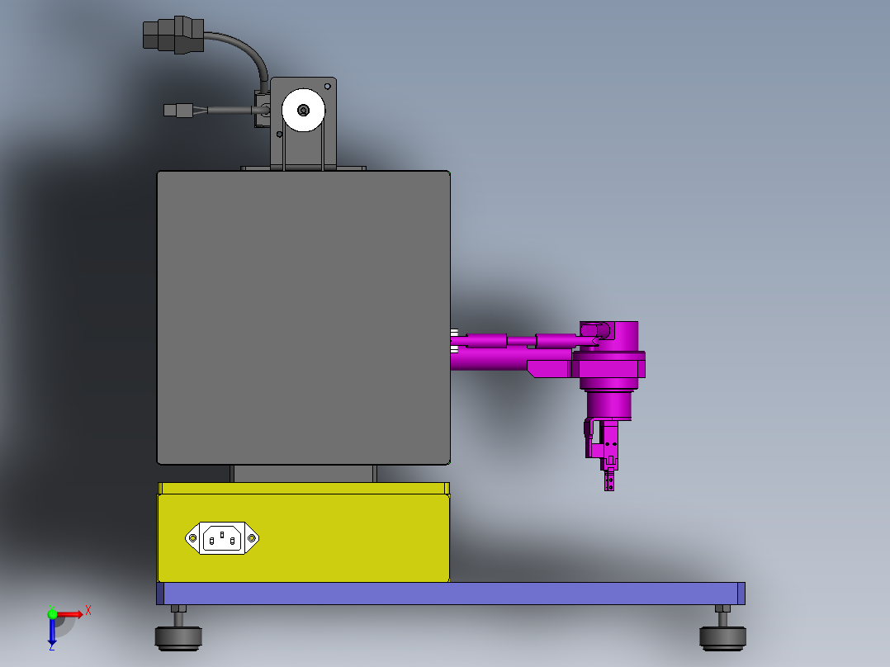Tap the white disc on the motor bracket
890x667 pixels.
pos(303,111)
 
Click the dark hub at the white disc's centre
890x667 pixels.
pos(303,110)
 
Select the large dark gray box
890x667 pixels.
pos(303,317)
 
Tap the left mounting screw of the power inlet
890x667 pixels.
pos(194,538)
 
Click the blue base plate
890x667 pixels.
pos(450,593)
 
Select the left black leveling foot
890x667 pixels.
pos(178,636)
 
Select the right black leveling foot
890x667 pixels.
pos(723,636)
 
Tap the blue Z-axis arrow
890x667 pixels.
pos(52,632)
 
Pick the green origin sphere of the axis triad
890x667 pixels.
pos(53,613)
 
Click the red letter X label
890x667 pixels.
pos(88,610)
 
